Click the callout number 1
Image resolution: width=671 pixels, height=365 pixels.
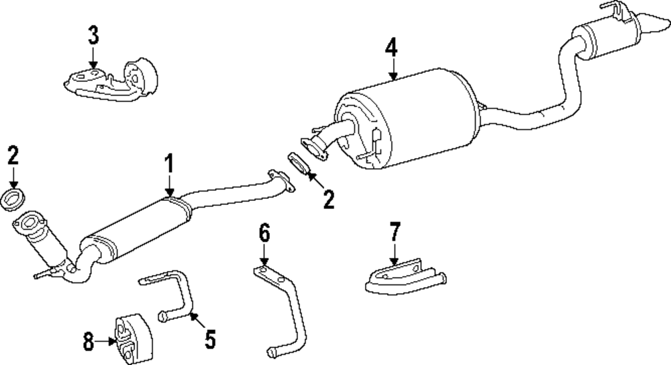(x=170, y=163)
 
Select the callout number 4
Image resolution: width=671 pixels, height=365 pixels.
(x=392, y=47)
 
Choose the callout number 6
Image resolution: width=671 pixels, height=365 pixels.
(x=264, y=235)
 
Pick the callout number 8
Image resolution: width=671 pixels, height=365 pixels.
(x=89, y=342)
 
